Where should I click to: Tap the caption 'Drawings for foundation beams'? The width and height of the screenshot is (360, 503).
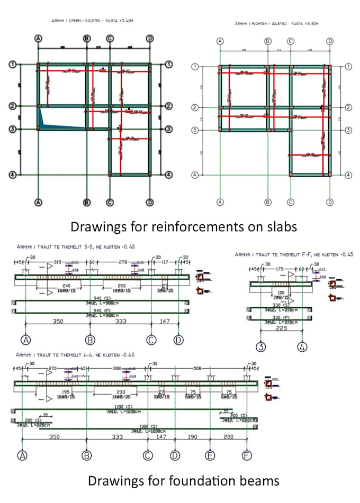183,481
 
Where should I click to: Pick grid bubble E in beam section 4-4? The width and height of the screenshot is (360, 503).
210,455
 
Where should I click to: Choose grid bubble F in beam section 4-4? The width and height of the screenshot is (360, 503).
246,455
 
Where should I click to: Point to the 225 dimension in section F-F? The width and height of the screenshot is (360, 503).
281,326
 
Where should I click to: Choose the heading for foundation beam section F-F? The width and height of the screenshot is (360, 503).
294,254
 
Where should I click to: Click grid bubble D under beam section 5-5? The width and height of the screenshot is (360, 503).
178,339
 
